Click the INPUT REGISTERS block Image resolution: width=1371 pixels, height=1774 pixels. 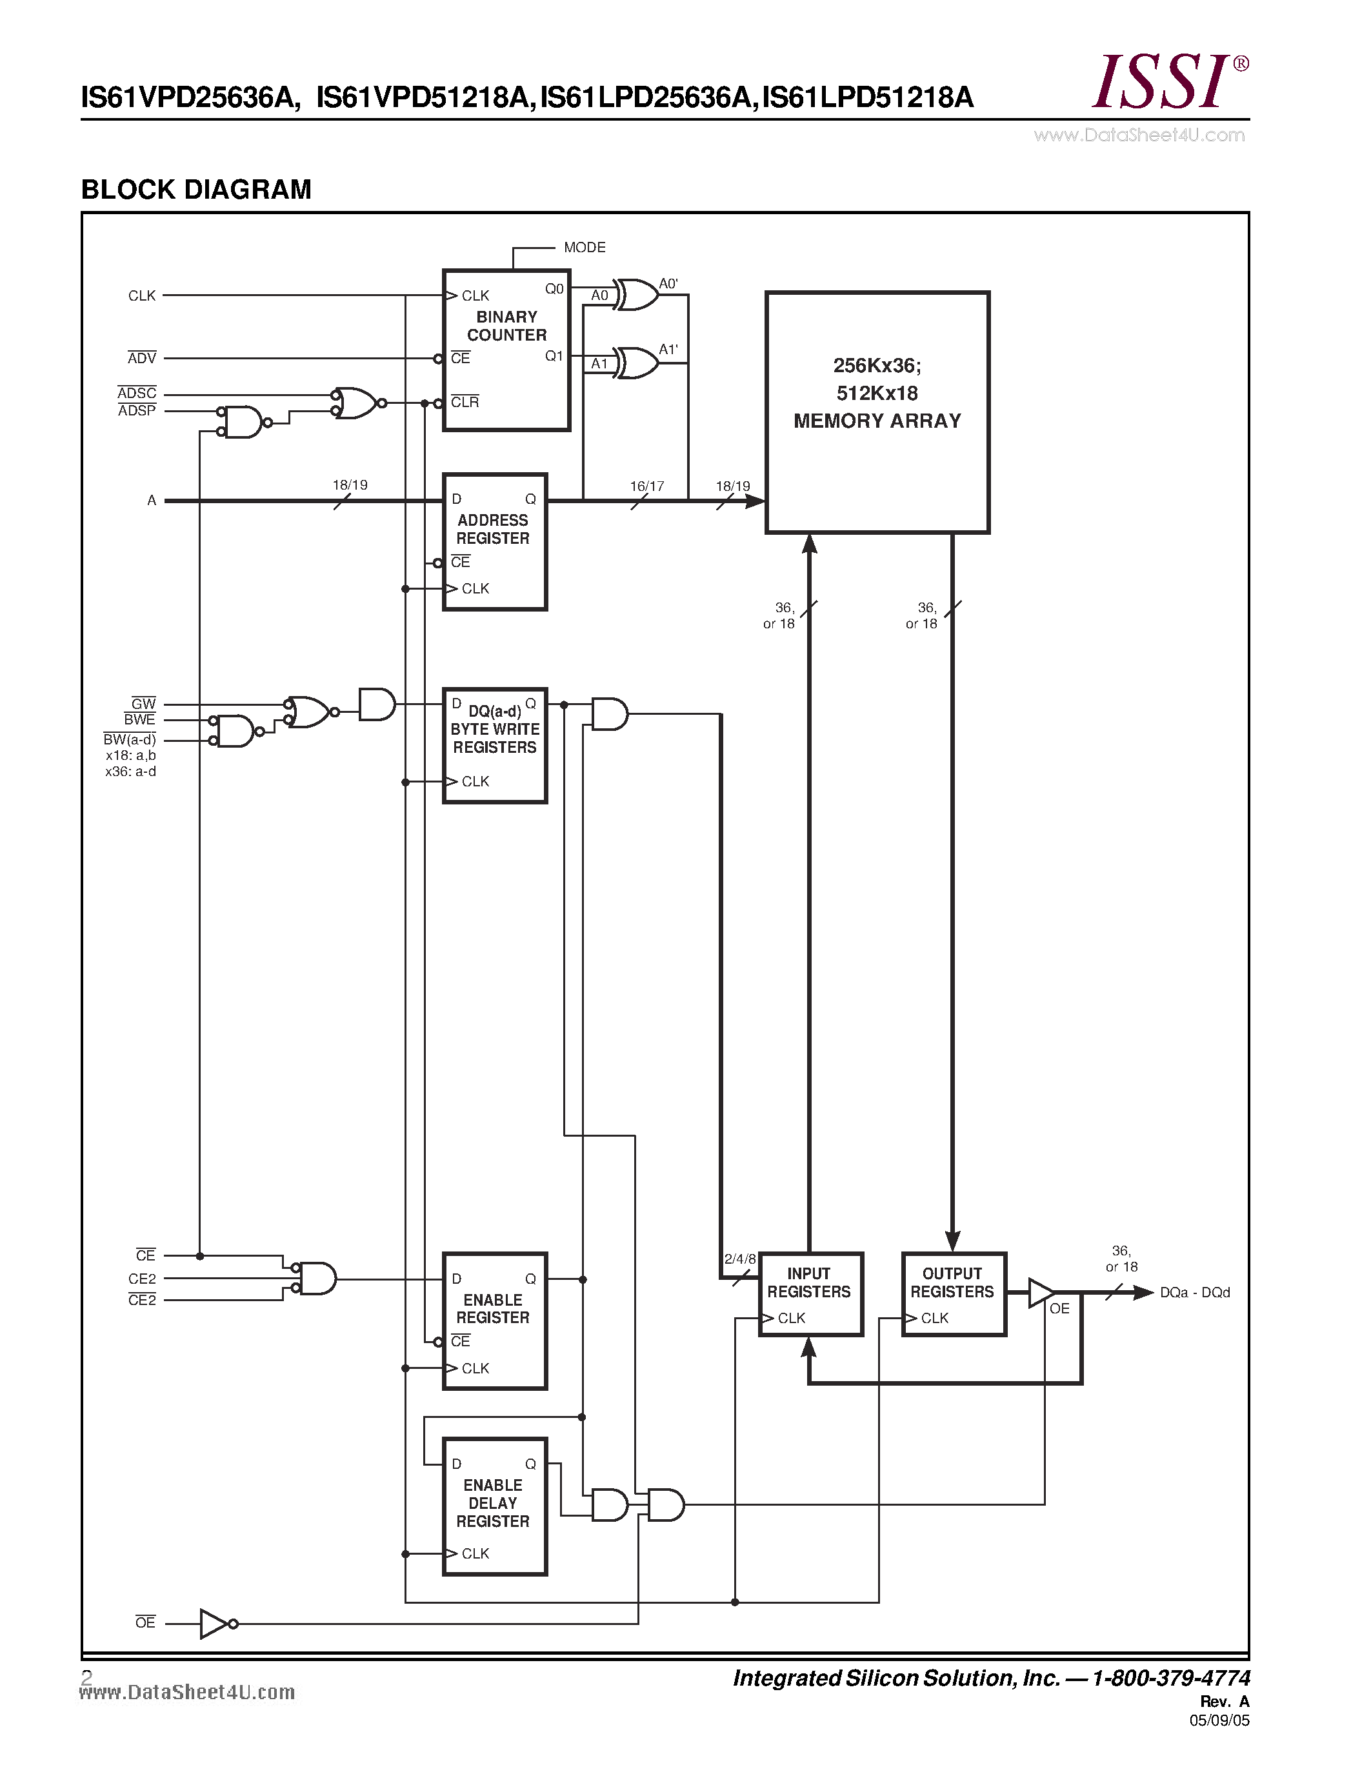coord(810,1294)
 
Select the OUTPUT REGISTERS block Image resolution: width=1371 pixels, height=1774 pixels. coord(954,1294)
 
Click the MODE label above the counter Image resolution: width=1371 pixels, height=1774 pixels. coord(584,247)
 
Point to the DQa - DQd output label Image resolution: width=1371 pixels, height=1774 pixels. coord(1194,1292)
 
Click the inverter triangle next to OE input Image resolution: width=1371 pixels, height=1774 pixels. coord(214,1623)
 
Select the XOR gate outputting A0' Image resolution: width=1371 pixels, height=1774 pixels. coord(637,295)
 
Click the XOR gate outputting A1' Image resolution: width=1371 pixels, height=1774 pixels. coord(637,363)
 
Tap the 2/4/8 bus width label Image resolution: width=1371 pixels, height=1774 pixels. coord(739,1259)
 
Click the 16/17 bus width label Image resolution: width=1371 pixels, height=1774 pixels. coord(646,486)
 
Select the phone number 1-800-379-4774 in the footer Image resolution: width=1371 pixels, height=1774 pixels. coord(1170,1678)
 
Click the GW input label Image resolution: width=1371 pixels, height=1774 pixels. coord(143,703)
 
